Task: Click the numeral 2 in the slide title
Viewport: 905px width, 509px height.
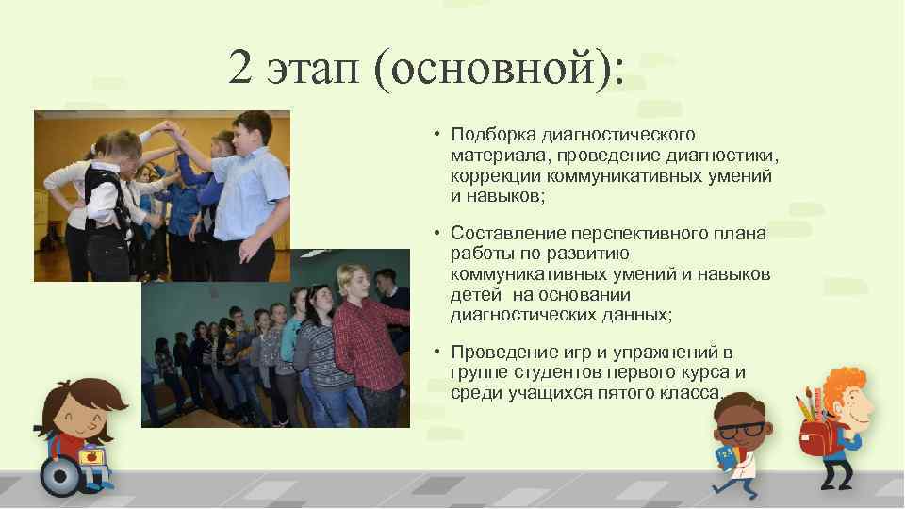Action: pyautogui.click(x=239, y=67)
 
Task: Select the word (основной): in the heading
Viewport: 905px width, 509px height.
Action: pyautogui.click(x=499, y=71)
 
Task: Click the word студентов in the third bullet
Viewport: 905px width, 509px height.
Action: pyautogui.click(x=548, y=371)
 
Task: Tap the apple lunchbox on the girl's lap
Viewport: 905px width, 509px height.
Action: pyautogui.click(x=91, y=458)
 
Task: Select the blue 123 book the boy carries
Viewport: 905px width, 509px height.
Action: pyautogui.click(x=725, y=458)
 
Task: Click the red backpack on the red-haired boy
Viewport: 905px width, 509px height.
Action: pyautogui.click(x=813, y=436)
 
